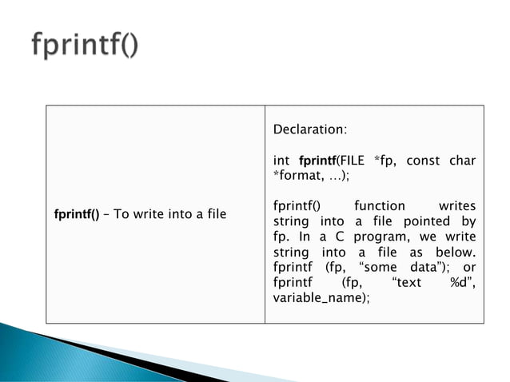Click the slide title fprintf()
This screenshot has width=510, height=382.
click(x=84, y=46)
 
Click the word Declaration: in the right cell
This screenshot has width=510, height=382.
click(x=310, y=129)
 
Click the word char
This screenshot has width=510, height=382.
click(x=462, y=161)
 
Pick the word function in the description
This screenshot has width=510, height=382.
click(x=380, y=206)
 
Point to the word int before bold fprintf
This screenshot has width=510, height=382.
click(x=281, y=161)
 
